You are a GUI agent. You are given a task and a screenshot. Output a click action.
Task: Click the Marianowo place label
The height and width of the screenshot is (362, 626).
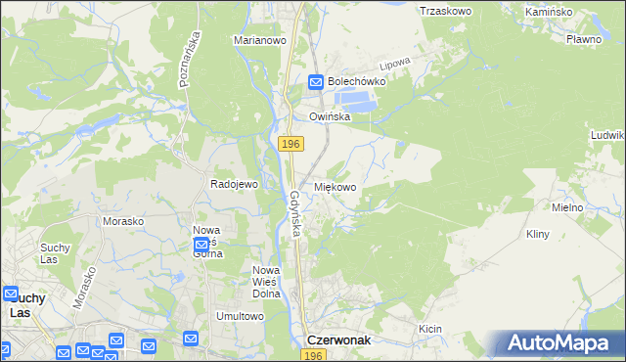pos(258,41)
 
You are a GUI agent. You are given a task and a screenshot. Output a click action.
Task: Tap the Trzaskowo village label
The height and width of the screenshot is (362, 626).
pos(445,11)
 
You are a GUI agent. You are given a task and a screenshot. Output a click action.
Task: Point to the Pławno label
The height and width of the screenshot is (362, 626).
pos(583,39)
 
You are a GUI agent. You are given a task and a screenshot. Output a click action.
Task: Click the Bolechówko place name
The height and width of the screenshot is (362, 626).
pos(357,82)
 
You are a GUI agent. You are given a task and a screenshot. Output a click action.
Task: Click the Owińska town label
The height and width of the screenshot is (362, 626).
pos(330,116)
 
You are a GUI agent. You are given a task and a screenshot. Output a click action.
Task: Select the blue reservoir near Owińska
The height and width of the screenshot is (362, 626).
pos(355,100)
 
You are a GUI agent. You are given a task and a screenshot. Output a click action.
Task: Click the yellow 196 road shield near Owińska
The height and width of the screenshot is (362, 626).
pos(290,144)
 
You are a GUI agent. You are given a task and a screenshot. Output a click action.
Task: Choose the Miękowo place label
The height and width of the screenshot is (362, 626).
pos(335,186)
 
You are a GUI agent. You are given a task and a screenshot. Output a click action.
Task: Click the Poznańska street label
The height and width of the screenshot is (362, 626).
pos(189,59)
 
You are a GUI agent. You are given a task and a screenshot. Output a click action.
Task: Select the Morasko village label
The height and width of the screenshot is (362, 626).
pos(123,221)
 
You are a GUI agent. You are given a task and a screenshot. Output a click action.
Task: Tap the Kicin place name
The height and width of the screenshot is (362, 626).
pos(430,329)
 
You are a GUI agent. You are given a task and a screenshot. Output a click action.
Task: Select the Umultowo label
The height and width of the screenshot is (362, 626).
pos(241,316)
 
